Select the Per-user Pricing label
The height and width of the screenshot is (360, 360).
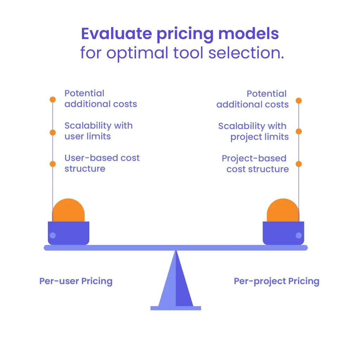[x=76, y=281]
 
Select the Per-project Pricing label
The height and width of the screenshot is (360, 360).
[x=276, y=281]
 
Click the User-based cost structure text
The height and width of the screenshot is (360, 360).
[x=102, y=163]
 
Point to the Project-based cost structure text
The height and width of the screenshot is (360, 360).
[x=255, y=164]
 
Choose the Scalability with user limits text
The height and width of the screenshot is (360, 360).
[x=98, y=131]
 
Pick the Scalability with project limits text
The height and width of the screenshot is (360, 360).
[x=253, y=131]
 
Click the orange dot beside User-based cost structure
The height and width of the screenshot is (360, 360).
[x=53, y=164]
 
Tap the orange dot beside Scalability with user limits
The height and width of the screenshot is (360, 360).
[x=53, y=132]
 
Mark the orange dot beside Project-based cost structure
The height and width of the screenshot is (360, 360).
[x=299, y=164]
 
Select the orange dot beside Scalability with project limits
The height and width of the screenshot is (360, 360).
[x=299, y=131]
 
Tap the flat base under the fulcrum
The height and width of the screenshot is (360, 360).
[x=176, y=308]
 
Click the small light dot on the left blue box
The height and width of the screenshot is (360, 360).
[x=53, y=235]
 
